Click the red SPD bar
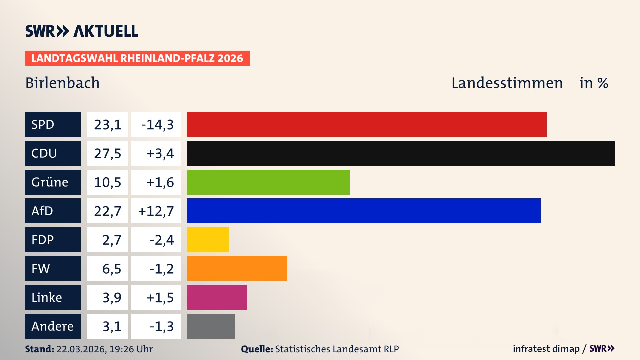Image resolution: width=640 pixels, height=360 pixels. (367, 124)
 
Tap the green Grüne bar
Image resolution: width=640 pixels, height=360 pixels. (268, 182)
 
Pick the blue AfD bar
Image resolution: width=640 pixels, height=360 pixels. (364, 211)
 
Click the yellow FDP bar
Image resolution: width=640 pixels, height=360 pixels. (208, 240)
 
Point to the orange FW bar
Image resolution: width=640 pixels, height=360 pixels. (237, 268)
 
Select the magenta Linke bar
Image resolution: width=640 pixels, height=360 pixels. (217, 297)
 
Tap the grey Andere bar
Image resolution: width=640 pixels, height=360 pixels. (211, 326)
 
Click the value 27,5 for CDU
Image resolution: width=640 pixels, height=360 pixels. (107, 153)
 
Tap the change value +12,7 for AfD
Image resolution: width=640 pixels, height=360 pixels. (156, 211)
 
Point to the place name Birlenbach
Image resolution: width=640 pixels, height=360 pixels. (62, 83)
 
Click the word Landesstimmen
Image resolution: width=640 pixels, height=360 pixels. (507, 83)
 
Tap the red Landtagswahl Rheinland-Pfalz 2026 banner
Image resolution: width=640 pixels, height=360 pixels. (137, 58)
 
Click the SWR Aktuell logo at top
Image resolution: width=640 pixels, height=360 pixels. (82, 31)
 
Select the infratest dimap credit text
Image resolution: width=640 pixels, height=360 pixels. (546, 349)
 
